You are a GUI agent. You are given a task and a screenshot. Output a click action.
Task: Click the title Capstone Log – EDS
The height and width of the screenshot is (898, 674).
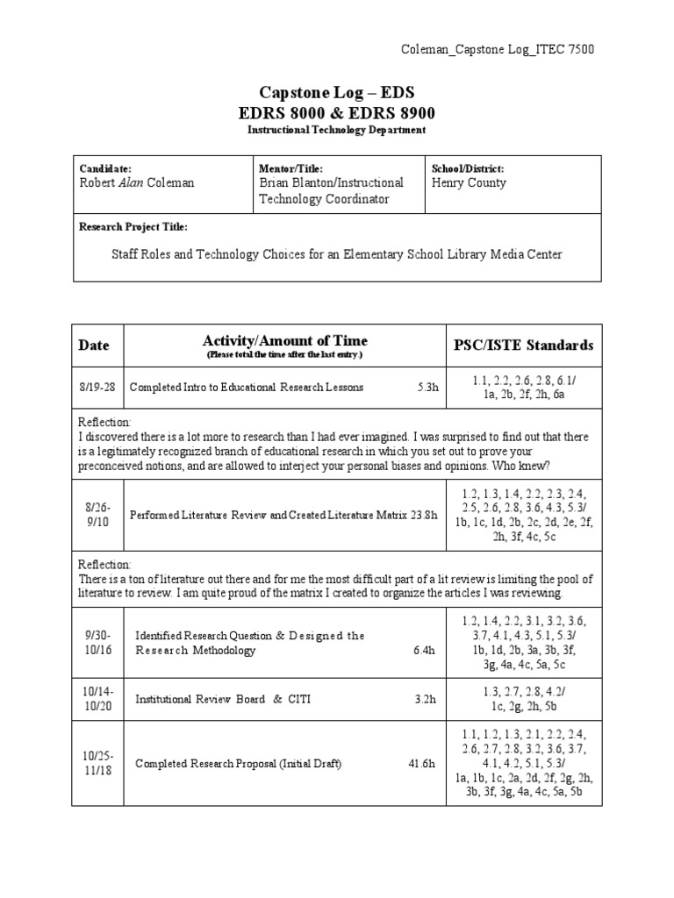336,93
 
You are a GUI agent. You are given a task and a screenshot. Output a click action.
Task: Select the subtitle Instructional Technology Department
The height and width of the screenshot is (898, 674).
336,130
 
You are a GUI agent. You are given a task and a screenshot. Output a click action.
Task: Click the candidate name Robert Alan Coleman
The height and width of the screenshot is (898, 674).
137,183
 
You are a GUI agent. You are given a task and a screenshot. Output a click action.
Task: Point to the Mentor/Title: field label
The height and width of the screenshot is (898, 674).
291,168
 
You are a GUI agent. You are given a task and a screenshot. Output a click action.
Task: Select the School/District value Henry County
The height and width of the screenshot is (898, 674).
469,183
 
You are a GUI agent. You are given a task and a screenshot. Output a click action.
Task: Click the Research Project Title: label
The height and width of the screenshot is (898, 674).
133,227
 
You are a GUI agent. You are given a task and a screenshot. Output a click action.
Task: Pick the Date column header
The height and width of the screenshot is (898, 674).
95,346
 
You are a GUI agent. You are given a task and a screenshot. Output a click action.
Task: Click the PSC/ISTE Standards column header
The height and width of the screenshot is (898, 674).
524,346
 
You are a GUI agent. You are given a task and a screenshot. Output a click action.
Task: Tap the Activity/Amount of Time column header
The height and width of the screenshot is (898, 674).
284,341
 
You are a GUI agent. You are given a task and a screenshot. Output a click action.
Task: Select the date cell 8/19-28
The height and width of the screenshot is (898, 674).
96,387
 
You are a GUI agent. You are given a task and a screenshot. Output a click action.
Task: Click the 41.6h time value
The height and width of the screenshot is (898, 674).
422,764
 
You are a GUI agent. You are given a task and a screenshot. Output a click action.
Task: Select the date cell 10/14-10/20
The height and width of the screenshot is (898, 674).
97,699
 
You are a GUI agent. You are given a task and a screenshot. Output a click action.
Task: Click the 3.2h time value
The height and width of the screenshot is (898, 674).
425,700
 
